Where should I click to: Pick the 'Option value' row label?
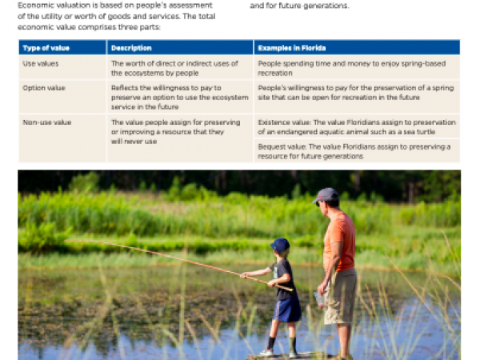(x=44, y=86)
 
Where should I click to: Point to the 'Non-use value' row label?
(x=46, y=122)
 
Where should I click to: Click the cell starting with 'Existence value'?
(x=356, y=126)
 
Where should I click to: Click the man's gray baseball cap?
(x=326, y=195)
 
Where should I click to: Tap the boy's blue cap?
(x=280, y=244)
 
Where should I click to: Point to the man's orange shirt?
(x=340, y=240)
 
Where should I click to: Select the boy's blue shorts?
(x=287, y=307)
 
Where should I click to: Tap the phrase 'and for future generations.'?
(x=299, y=6)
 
